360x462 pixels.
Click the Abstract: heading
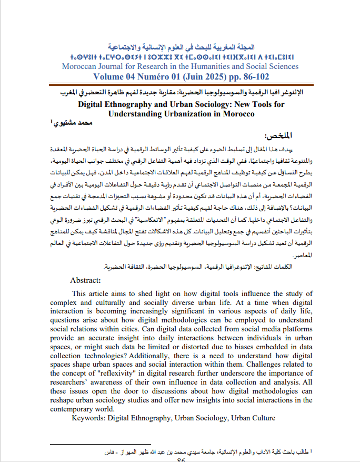tap(85, 280)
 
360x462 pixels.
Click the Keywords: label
tap(88, 418)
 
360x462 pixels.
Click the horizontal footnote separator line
tap(84, 445)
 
